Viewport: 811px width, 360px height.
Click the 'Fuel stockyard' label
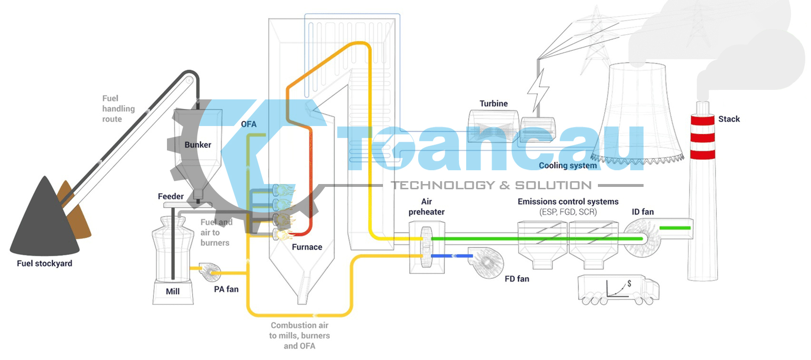[44, 263]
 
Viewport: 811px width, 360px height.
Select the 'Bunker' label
[197, 145]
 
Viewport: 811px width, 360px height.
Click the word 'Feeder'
[170, 196]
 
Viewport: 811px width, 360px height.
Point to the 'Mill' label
[173, 292]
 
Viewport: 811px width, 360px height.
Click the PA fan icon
[210, 271]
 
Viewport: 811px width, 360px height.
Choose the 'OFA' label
[248, 125]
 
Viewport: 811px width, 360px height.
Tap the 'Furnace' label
[307, 247]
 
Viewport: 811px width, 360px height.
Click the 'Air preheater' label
[426, 207]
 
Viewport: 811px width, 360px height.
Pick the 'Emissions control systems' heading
[568, 202]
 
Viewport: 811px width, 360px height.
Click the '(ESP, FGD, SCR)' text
[568, 212]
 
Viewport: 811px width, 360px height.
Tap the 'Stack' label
[729, 119]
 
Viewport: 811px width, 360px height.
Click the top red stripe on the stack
[703, 120]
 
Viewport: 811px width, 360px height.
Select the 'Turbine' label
[493, 104]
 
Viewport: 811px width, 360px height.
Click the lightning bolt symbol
[538, 90]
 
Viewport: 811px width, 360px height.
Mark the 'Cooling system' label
[567, 165]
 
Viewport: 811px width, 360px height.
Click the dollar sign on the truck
[629, 283]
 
